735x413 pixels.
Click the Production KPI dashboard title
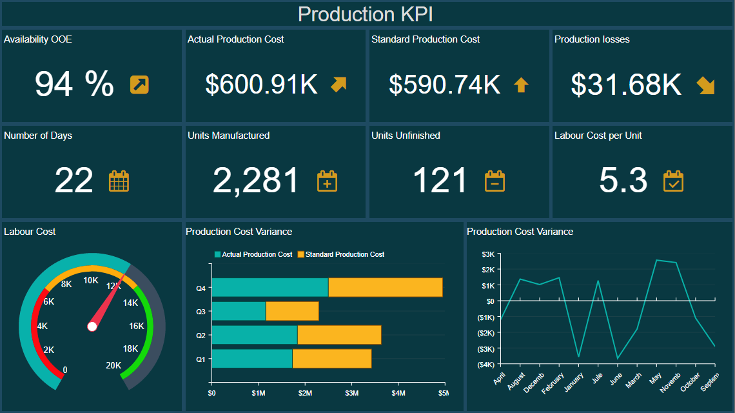366,14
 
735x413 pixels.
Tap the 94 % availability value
74,84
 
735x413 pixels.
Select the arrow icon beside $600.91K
338,85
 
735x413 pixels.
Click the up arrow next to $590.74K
521,85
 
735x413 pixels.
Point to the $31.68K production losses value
626,85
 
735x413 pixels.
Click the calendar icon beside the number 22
119,181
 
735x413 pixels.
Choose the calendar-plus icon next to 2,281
327,181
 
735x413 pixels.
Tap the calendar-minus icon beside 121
495,181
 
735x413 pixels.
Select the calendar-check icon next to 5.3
673,181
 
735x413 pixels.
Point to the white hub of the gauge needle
92,327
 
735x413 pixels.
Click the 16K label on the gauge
137,326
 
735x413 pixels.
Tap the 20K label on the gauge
113,365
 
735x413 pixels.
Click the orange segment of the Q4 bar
385,287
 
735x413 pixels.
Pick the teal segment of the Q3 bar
239,311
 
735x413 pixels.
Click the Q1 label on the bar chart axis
201,359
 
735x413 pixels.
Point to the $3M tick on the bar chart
351,392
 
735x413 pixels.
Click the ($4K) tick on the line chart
485,365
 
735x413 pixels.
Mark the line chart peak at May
656,260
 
